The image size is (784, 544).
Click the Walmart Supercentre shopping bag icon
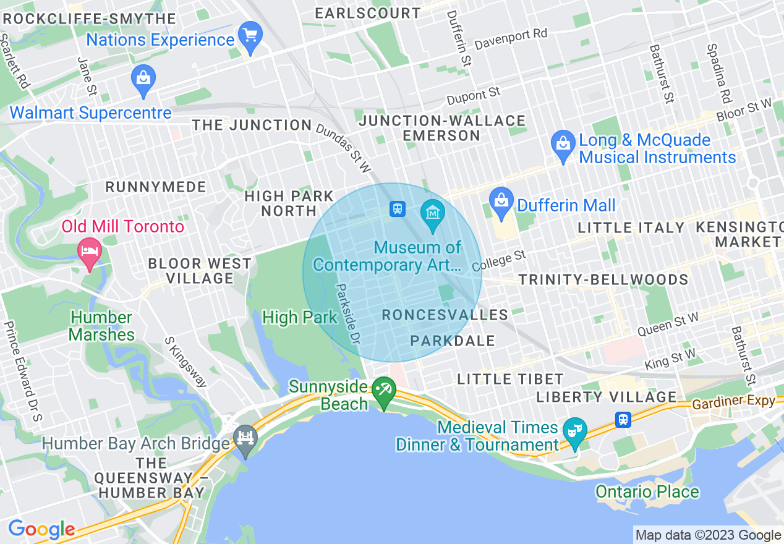coord(143,80)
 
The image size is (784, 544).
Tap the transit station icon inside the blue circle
coord(397,209)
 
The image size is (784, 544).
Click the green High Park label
coord(300,318)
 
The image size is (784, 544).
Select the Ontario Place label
coord(647,492)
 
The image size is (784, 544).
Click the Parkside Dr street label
coord(347,313)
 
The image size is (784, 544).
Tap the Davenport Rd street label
coord(511,40)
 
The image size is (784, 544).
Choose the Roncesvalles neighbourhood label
coord(445,315)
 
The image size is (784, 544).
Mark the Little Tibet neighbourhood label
coord(510,379)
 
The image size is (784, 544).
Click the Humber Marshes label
coord(101,326)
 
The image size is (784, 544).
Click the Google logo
coord(41,530)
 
